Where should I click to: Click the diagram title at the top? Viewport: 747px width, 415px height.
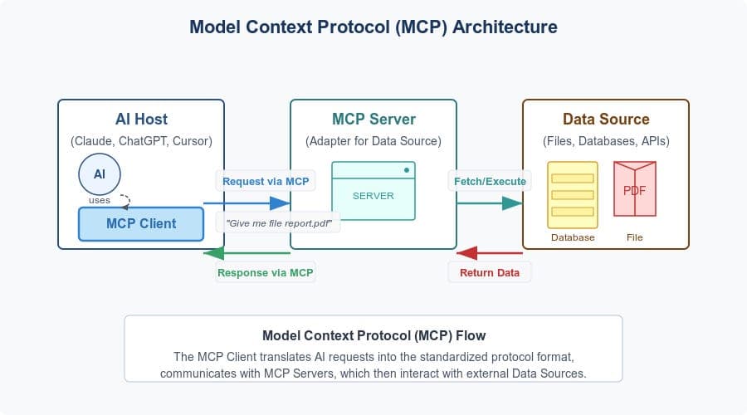373,27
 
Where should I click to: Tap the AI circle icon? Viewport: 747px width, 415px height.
100,175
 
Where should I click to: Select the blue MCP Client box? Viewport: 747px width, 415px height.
140,223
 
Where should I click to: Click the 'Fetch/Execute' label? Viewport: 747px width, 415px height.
489,181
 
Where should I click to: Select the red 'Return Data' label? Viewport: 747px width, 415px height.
490,272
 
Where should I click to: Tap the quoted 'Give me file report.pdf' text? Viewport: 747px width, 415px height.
278,222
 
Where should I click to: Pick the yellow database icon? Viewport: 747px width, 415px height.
573,194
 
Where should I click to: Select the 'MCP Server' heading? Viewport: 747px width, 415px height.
373,120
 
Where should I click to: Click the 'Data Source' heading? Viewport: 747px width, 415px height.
606,120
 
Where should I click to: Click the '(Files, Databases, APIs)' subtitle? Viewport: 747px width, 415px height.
606,141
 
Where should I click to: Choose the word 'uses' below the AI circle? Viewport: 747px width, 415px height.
100,200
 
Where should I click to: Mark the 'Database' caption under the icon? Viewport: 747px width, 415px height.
573,237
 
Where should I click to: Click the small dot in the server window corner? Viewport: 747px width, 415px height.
407,170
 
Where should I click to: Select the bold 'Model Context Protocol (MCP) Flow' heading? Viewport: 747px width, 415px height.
373,336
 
